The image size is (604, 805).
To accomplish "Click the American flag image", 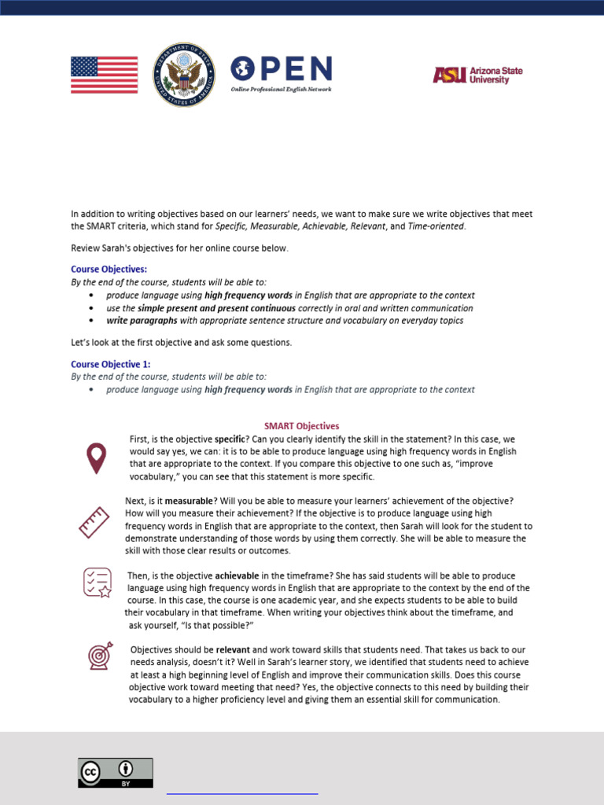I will (x=104, y=75).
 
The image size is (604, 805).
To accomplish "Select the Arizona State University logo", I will (x=477, y=75).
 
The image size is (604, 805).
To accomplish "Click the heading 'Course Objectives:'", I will (x=109, y=270).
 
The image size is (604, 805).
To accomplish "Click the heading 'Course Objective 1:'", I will (x=111, y=364).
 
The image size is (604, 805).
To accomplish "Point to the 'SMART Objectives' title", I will (x=301, y=426).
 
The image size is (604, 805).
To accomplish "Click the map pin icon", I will (x=96, y=458).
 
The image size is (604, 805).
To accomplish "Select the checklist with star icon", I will (x=98, y=583).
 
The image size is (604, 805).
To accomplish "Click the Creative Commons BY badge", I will (x=115, y=772).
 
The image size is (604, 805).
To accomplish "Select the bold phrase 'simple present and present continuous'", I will (x=216, y=308).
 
